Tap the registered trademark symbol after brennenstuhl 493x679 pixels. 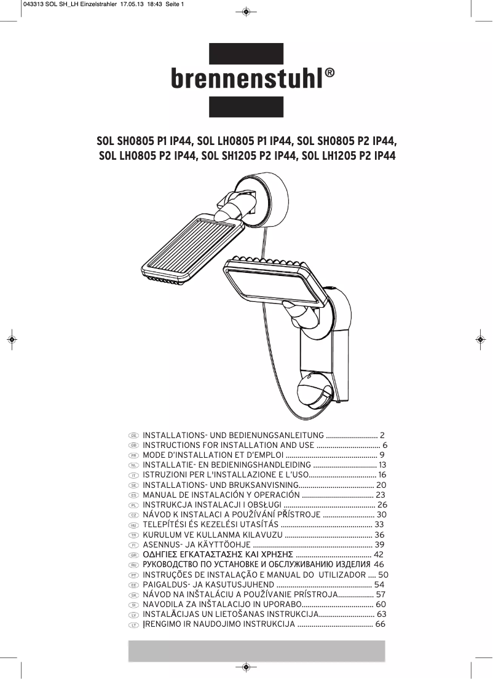(330, 73)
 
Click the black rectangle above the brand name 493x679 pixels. (246, 53)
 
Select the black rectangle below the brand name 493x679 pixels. (246, 107)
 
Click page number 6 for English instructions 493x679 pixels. (385, 445)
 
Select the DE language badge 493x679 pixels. (132, 435)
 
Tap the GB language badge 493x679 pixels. (132, 445)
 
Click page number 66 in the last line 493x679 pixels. (380, 624)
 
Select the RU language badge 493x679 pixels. (132, 565)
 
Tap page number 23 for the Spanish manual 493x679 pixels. (380, 495)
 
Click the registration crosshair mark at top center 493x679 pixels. (245, 12)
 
